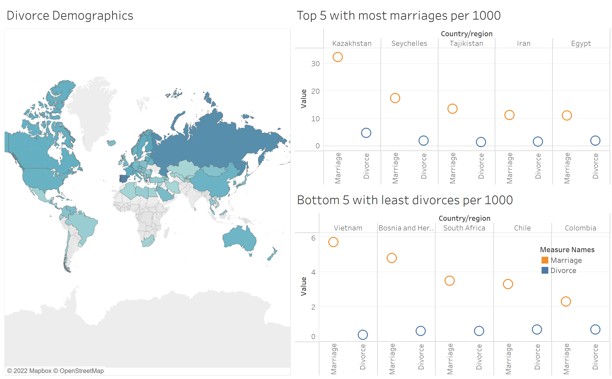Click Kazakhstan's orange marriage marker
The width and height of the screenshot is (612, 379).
(x=337, y=57)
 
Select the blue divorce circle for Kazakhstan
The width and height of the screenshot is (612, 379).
(x=366, y=133)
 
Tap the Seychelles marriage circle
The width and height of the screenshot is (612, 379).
(x=395, y=98)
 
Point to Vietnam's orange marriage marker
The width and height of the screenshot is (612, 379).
(x=333, y=242)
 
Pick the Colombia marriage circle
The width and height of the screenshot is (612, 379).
(x=566, y=301)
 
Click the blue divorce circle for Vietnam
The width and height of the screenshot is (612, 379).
(x=362, y=335)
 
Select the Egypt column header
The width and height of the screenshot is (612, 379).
(x=581, y=43)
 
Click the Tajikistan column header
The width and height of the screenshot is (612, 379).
(x=466, y=43)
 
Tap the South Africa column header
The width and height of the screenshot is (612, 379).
(x=464, y=228)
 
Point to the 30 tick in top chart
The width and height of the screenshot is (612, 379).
(x=315, y=64)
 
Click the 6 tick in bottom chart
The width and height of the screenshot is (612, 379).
(x=313, y=238)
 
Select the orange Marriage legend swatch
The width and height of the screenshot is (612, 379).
(x=545, y=260)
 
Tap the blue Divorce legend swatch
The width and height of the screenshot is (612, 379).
(x=545, y=271)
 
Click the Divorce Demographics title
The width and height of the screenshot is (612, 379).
(x=70, y=15)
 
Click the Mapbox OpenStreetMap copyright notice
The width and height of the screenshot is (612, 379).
(x=55, y=371)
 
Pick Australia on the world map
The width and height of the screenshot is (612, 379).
(x=239, y=238)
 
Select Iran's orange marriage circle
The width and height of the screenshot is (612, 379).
(x=509, y=115)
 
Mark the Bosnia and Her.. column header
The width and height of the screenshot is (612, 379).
(x=406, y=228)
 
